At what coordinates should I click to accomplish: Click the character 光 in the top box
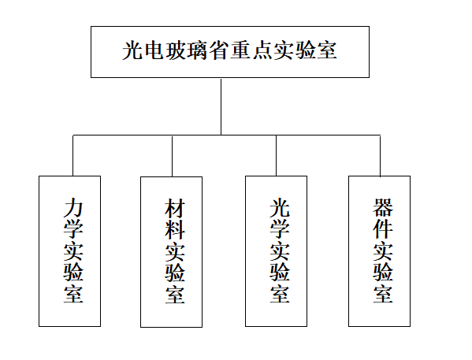[x=132, y=50]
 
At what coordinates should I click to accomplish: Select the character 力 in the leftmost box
[x=72, y=208]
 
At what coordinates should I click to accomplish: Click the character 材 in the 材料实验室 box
[x=175, y=208]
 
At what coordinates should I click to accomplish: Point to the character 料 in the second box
[x=175, y=229]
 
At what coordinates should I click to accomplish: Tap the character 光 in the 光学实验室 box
[x=280, y=208]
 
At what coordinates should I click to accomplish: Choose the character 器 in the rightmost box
[x=383, y=208]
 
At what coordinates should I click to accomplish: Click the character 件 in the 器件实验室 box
[x=383, y=229]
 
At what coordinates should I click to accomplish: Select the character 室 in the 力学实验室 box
[x=73, y=294]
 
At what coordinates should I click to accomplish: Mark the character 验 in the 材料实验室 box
[x=175, y=273]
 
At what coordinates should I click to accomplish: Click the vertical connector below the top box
[x=221, y=107]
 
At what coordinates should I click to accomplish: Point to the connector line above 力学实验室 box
[x=72, y=155]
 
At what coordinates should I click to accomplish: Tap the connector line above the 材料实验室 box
[x=173, y=157]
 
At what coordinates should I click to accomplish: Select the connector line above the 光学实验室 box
[x=277, y=155]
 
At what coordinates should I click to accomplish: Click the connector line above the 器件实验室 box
[x=380, y=156]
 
